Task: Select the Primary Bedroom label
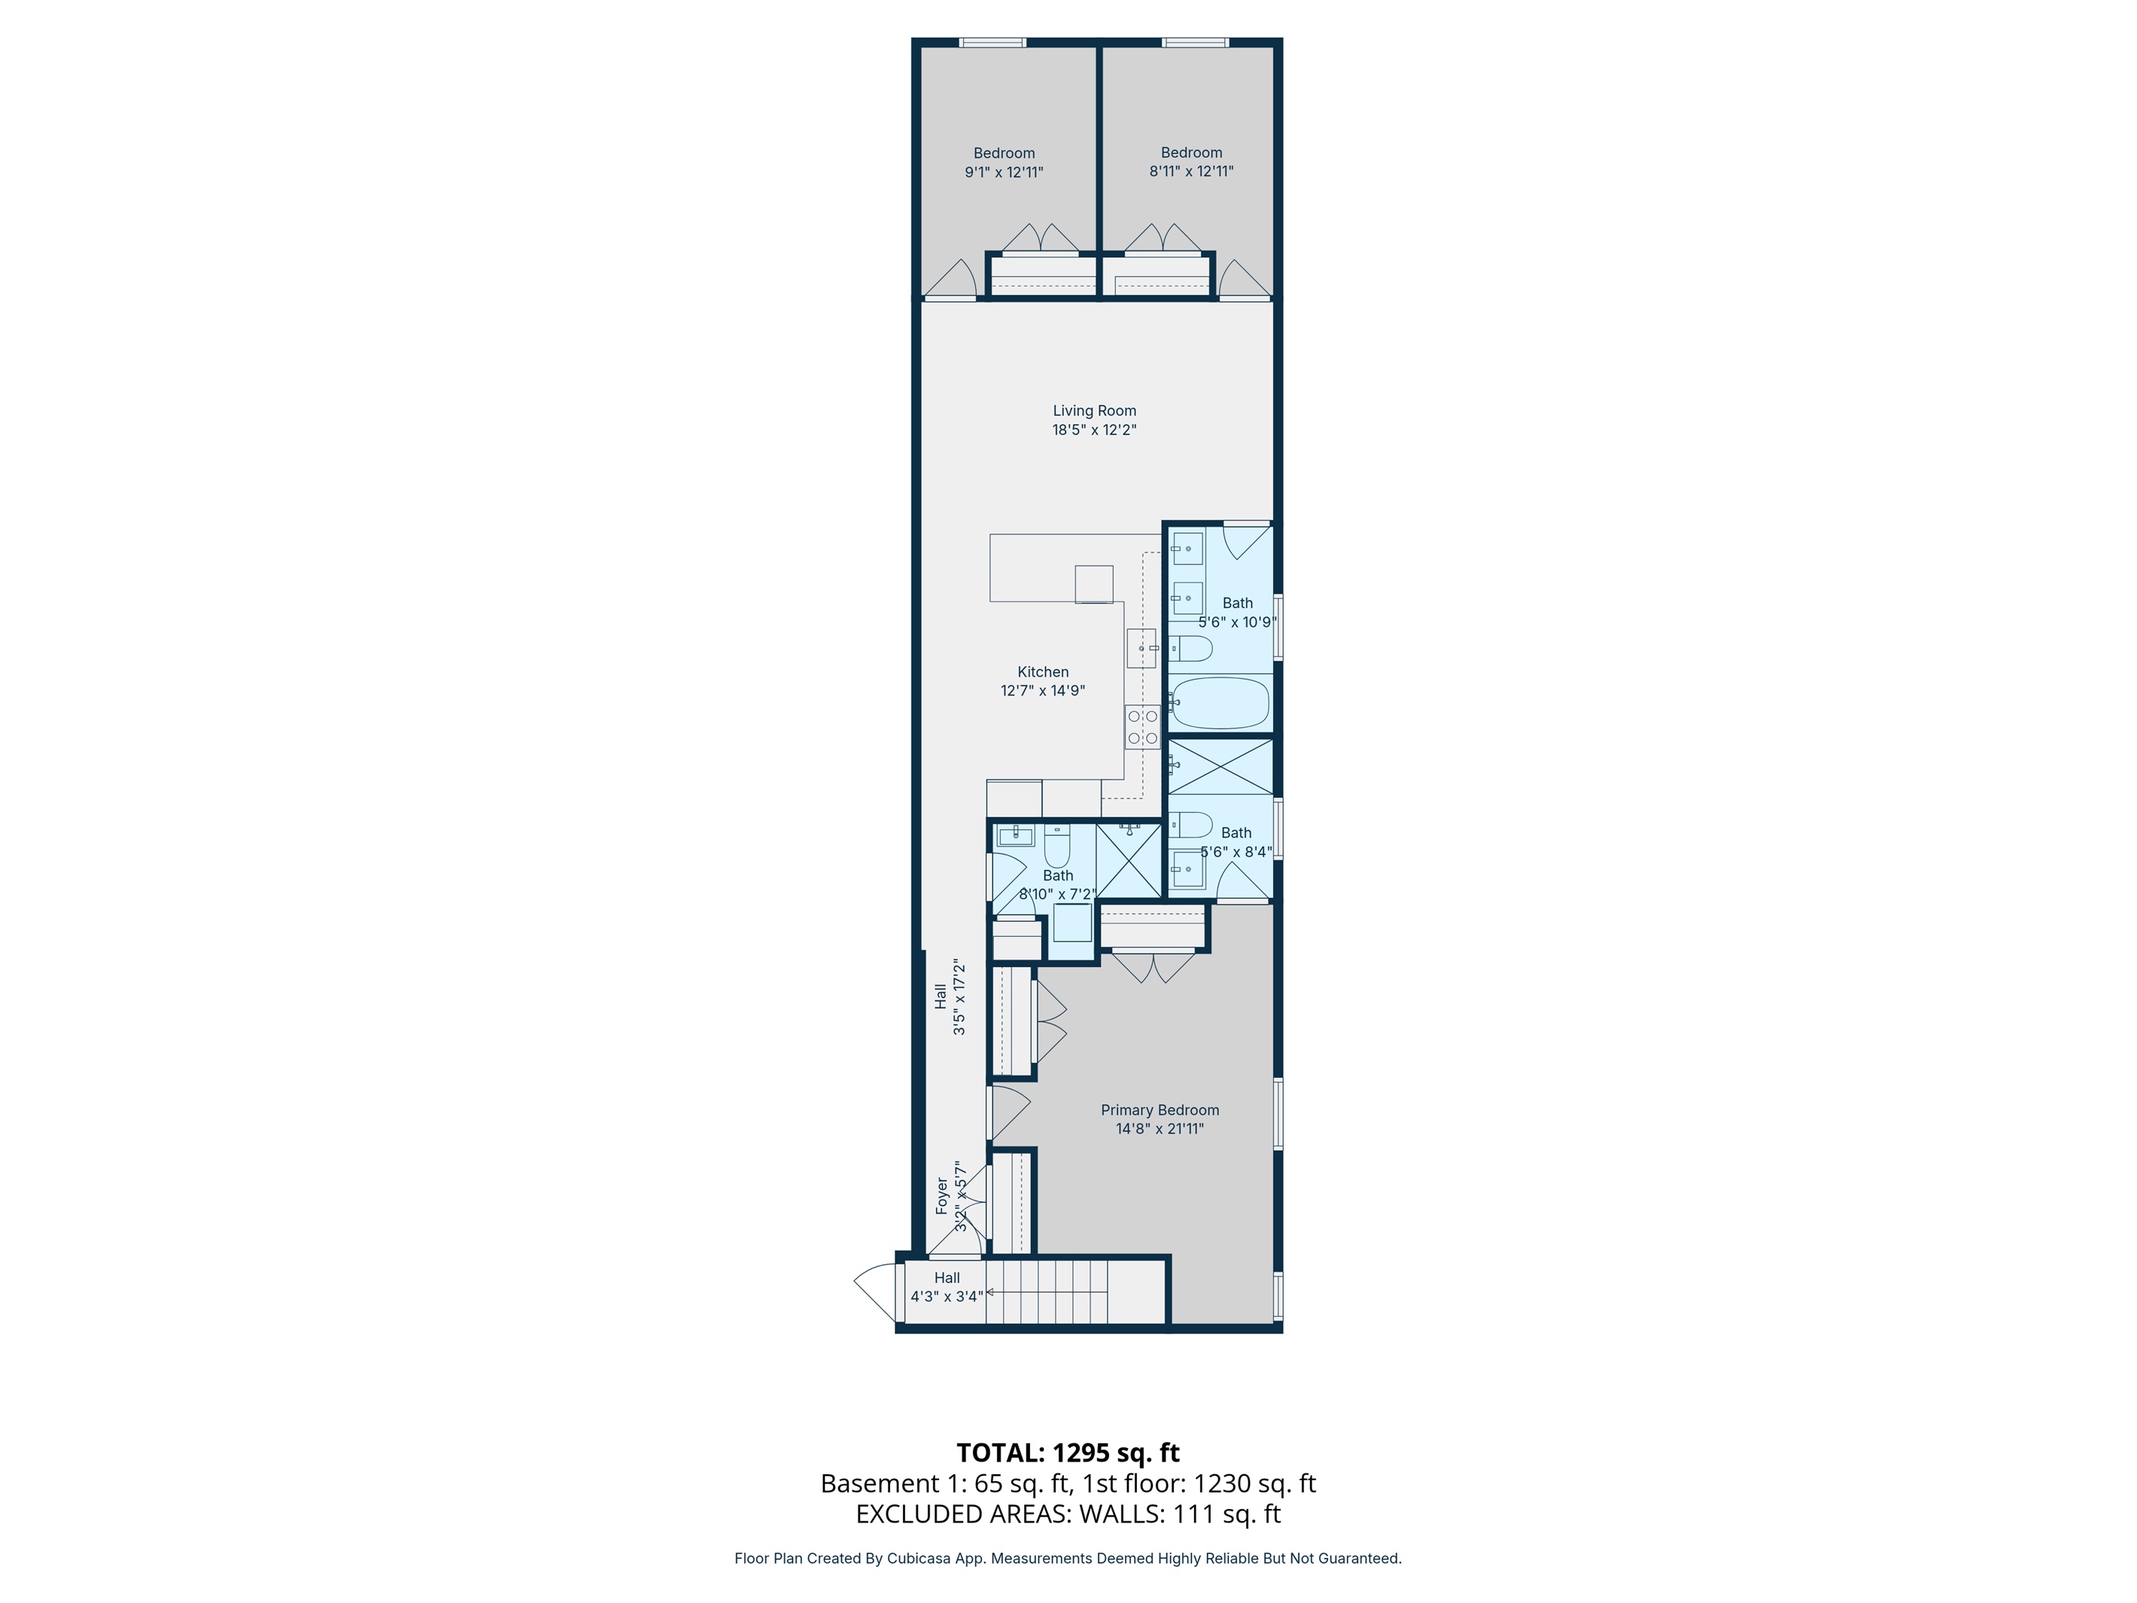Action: point(1160,1110)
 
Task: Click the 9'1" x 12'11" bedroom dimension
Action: point(1004,172)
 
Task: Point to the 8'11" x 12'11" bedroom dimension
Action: point(1191,171)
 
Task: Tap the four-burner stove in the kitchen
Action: point(1142,726)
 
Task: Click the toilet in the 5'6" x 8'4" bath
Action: point(1190,824)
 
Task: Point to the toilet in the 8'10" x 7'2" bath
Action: point(1057,847)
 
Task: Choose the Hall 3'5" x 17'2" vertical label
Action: point(950,996)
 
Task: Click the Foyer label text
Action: point(942,1196)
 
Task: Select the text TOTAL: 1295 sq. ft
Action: point(1068,1453)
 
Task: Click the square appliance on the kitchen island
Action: point(1093,583)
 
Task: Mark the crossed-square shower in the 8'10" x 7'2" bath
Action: point(1129,860)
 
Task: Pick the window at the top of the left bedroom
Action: point(993,42)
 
